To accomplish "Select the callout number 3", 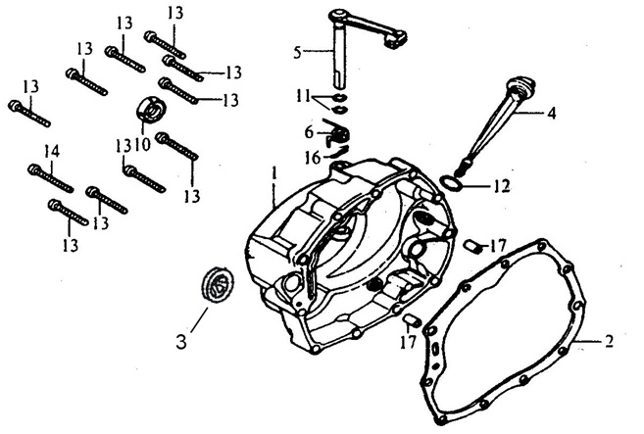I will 182,343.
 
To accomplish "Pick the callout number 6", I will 309,130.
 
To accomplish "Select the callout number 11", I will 306,95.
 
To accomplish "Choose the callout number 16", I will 310,157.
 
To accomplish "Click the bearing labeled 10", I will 153,110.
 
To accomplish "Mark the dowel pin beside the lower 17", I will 412,318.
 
